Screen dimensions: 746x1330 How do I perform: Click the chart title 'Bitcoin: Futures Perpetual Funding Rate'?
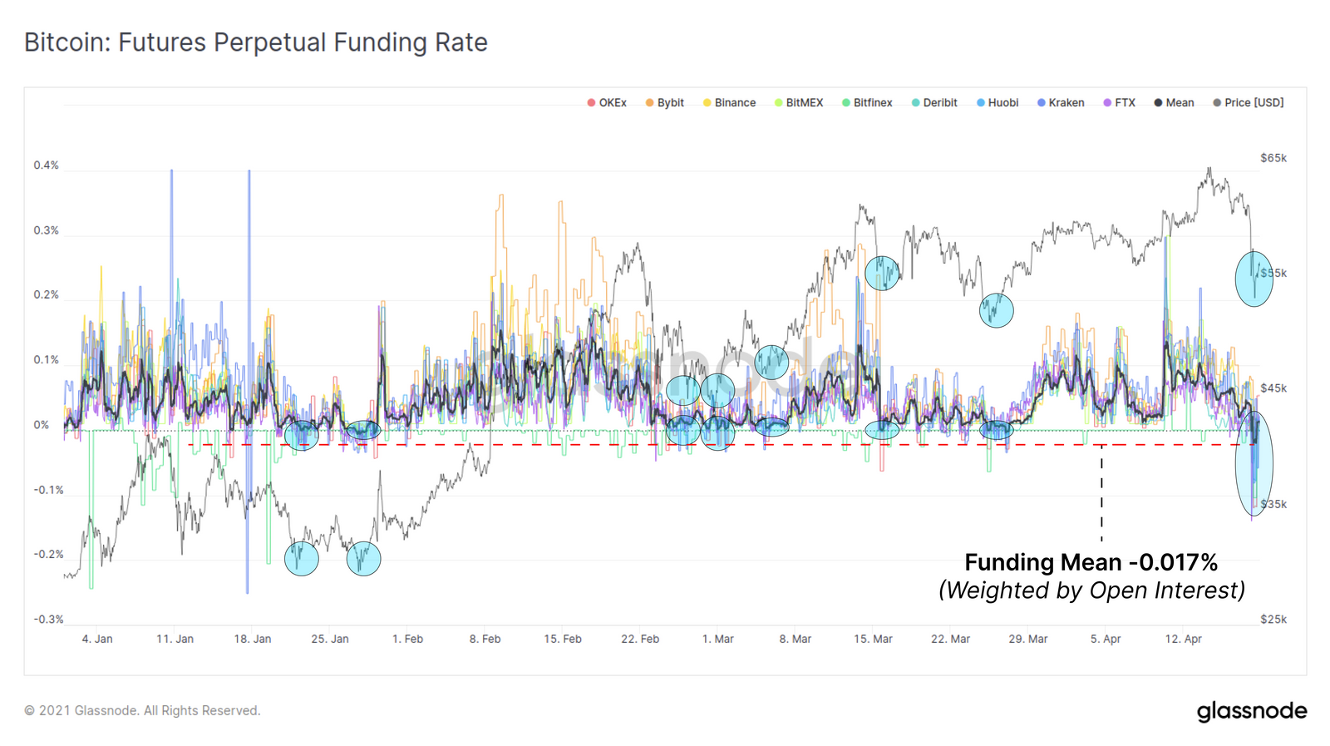click(255, 42)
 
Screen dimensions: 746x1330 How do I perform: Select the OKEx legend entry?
click(607, 103)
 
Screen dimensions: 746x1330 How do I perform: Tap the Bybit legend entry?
click(665, 103)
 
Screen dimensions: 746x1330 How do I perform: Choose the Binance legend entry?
click(730, 103)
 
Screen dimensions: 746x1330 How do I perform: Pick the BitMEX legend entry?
click(799, 103)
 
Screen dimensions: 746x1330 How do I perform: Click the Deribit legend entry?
click(934, 103)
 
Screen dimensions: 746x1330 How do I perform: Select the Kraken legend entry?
click(1061, 103)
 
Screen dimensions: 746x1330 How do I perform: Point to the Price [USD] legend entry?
click(1249, 103)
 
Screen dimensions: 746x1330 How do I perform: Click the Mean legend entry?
click(1174, 103)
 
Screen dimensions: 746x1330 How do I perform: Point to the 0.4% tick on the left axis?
click(47, 166)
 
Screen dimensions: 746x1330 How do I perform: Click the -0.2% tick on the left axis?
click(48, 555)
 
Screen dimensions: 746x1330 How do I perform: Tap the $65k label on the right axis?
click(1273, 158)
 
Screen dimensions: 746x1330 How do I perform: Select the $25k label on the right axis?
click(1273, 620)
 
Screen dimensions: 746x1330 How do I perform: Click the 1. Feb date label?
click(407, 640)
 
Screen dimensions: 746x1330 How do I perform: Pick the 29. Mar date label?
click(1027, 640)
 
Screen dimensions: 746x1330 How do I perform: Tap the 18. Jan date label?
click(252, 640)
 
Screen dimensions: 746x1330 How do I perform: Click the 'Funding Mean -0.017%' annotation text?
click(1091, 563)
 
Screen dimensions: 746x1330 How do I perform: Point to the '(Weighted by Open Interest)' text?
click(1091, 590)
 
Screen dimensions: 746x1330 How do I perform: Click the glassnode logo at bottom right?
click(1251, 711)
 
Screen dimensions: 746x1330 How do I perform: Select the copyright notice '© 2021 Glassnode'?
click(142, 711)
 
